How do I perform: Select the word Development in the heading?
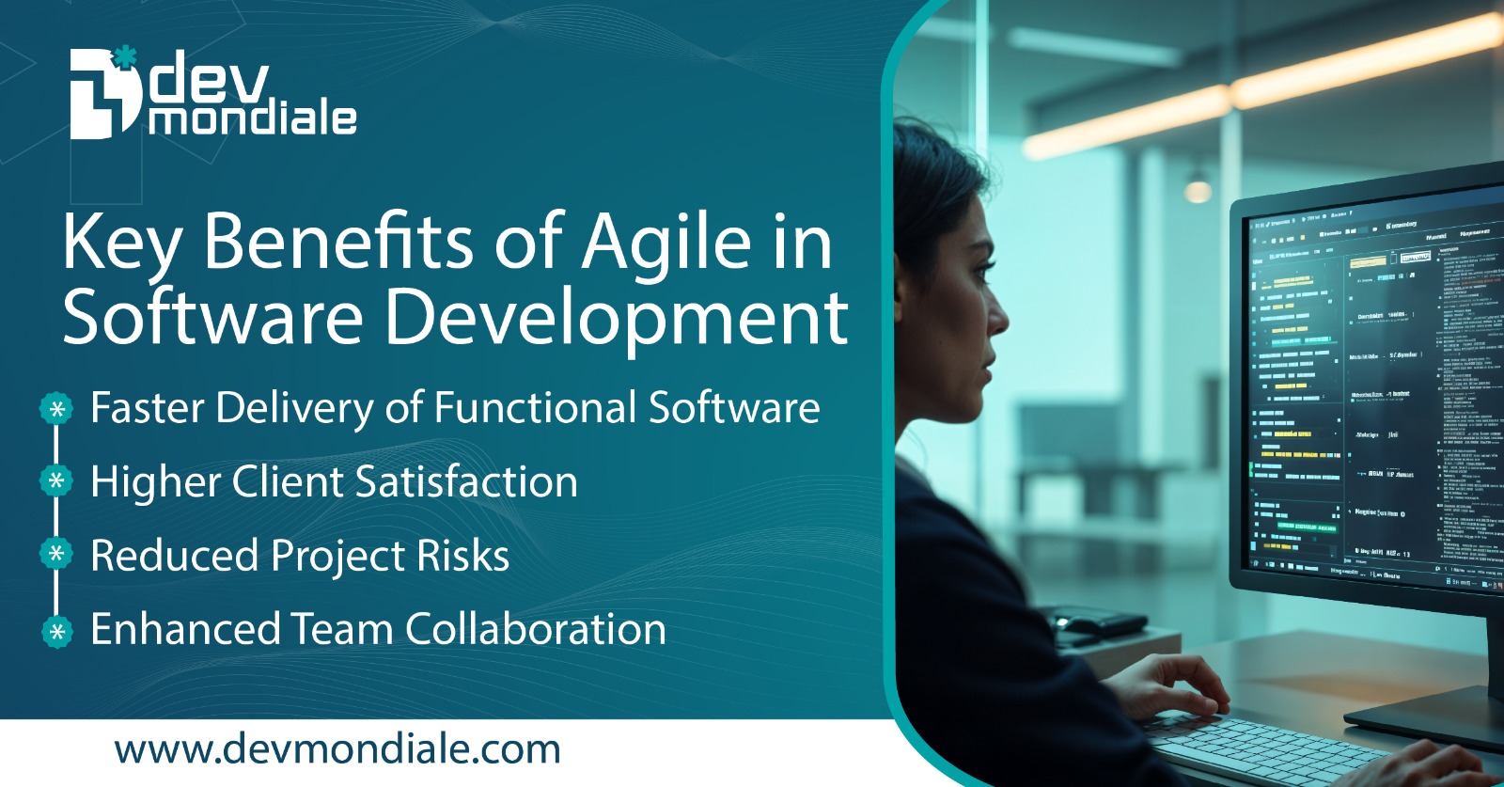[617, 318]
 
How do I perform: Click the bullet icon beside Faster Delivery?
[56, 409]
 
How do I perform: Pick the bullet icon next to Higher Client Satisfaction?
[56, 481]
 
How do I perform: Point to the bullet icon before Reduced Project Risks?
[56, 555]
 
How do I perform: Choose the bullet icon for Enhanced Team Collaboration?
[56, 630]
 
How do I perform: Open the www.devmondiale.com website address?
[337, 749]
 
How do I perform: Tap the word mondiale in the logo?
[252, 118]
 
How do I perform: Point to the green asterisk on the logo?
[124, 57]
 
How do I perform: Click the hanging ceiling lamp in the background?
[1198, 189]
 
